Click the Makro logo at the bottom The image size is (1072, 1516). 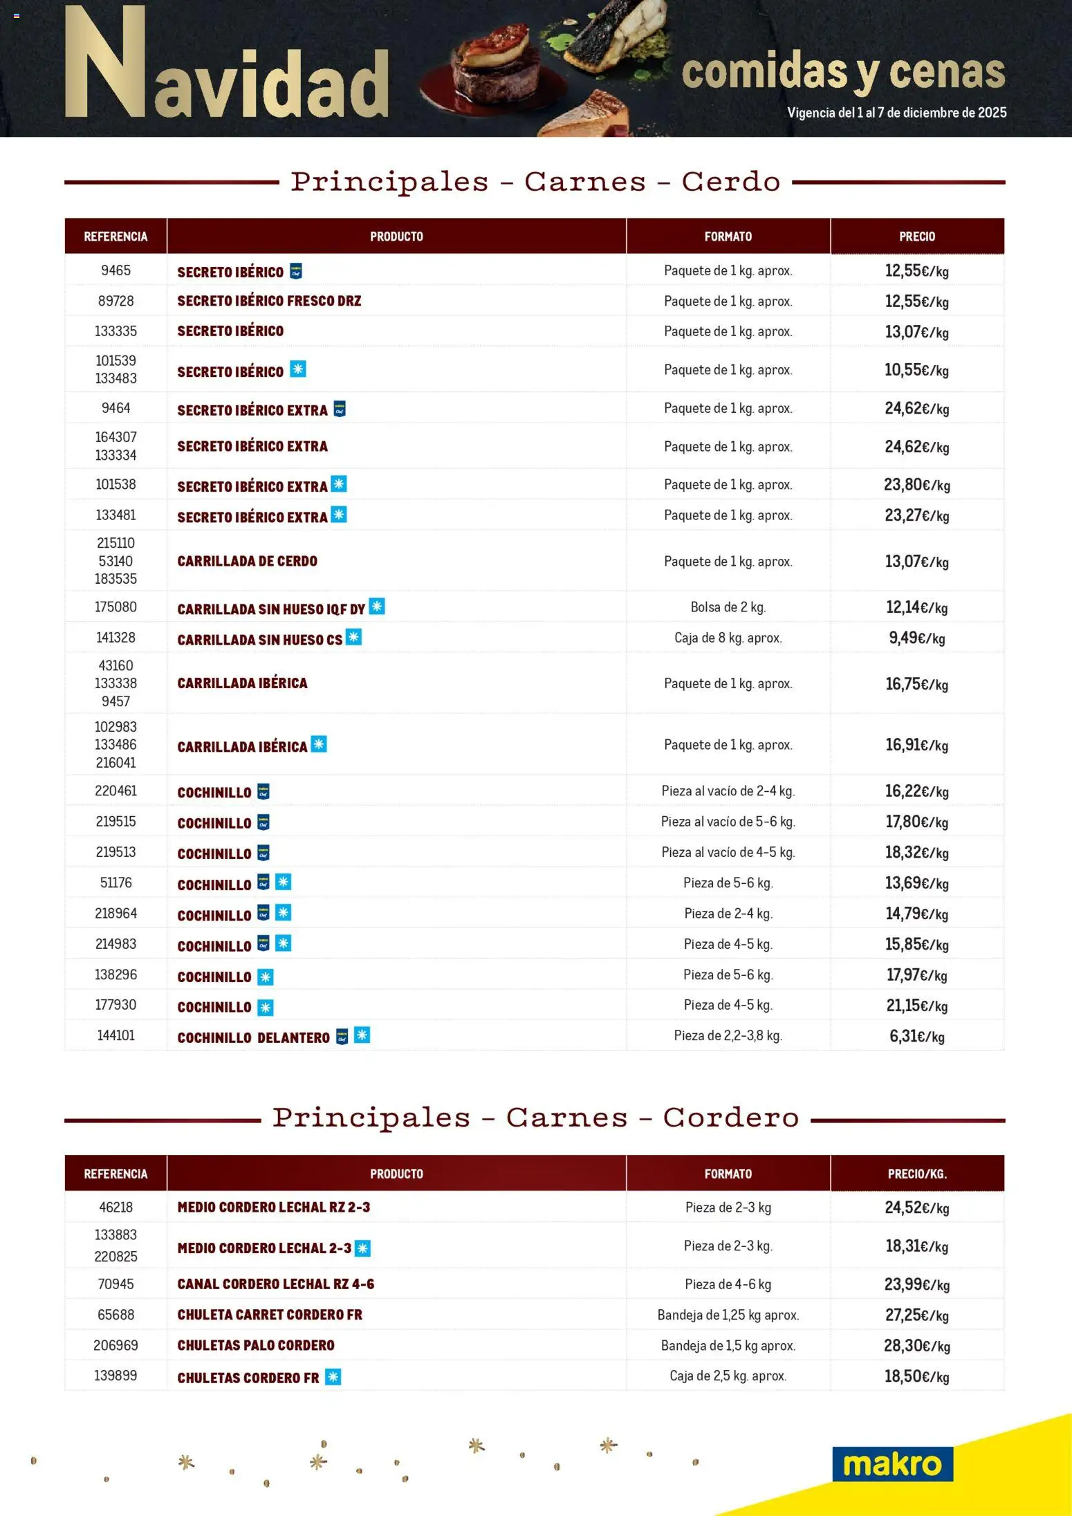(892, 1463)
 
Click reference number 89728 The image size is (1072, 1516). (115, 301)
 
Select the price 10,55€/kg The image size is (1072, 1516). (916, 370)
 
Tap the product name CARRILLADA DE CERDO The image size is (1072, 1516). (247, 561)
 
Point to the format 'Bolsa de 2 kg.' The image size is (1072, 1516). (728, 607)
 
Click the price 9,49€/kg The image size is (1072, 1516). (916, 638)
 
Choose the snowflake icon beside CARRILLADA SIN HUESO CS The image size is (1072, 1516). (353, 637)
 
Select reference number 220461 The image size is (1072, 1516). (115, 791)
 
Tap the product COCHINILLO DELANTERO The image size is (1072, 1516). (253, 1037)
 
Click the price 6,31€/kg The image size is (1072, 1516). (916, 1036)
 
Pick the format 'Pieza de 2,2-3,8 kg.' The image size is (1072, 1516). (728, 1035)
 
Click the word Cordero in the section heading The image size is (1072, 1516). (730, 1118)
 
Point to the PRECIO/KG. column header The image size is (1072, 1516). (917, 1174)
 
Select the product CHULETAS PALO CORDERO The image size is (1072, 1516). (255, 1345)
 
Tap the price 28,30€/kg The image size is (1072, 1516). (916, 1345)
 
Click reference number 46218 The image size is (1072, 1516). (115, 1207)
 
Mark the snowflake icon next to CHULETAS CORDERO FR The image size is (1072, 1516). (333, 1377)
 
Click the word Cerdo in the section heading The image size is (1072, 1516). (730, 182)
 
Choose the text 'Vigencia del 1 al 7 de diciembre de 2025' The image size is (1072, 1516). (896, 113)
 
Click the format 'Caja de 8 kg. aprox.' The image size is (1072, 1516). (728, 638)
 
